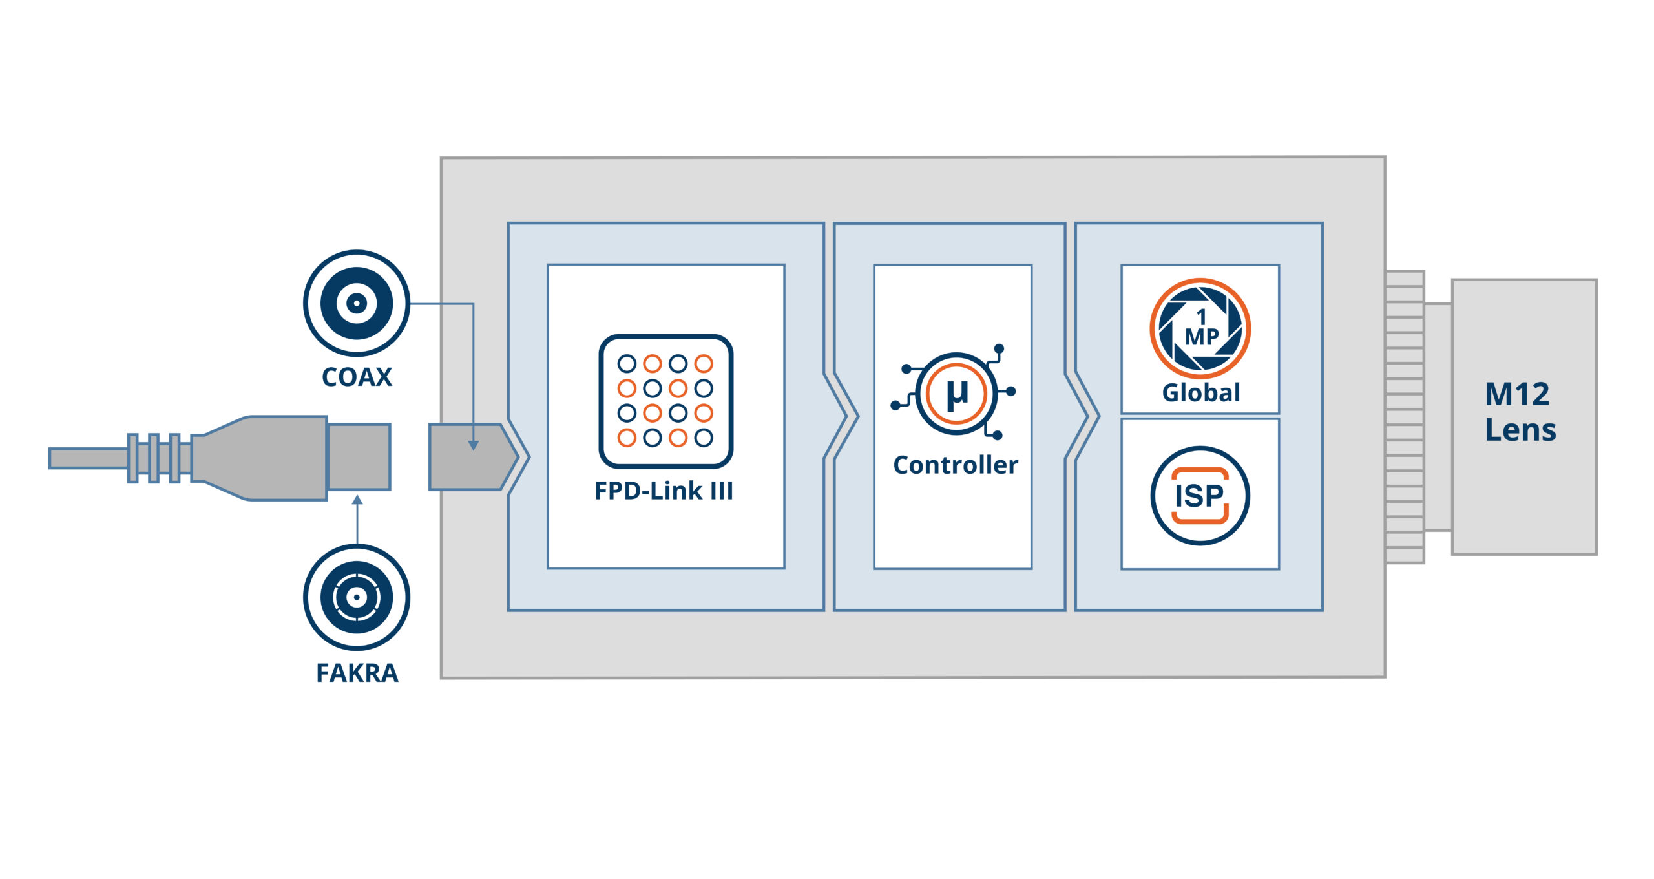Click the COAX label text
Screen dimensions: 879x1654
357,377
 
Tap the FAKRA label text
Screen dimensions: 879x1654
357,673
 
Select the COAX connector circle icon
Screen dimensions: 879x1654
357,302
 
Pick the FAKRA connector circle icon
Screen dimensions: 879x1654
357,597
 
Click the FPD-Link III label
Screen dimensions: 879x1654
664,491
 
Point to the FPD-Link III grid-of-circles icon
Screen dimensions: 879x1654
665,401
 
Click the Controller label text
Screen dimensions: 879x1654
955,465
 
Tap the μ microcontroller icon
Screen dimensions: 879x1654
956,393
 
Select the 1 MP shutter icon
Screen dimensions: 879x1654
1200,328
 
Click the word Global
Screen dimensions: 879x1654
1200,392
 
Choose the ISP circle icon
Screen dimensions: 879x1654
1200,496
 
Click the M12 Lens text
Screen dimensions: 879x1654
1520,412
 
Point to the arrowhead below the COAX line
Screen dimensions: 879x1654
473,445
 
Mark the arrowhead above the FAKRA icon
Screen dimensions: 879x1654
357,500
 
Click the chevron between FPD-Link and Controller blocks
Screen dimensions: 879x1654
840,416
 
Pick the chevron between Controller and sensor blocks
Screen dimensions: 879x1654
1082,416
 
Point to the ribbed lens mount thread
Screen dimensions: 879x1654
1405,416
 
